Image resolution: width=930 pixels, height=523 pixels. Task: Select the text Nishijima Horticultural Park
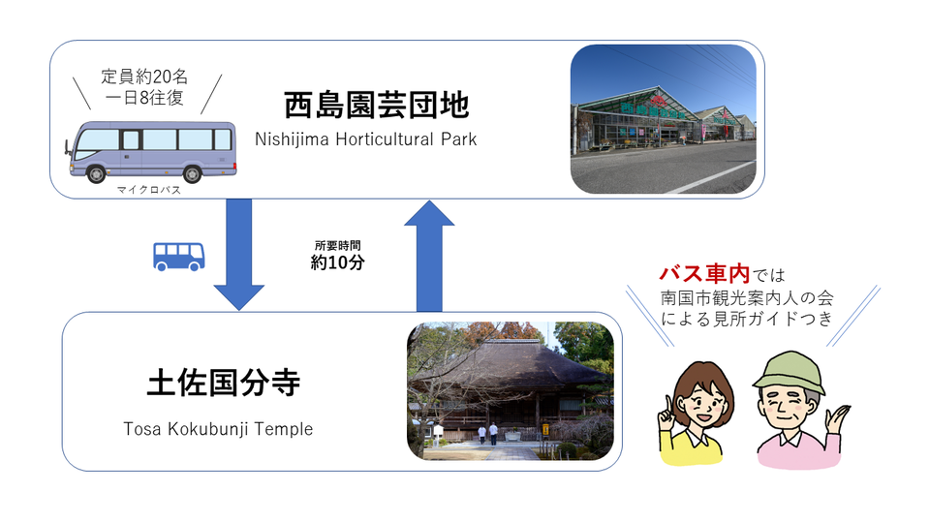[366, 139]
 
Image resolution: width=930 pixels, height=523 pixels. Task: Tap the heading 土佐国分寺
[224, 384]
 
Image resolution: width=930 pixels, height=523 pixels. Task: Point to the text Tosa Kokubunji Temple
[218, 429]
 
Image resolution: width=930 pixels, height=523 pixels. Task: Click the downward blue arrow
[238, 252]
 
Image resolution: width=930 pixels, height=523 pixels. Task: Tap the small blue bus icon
[179, 256]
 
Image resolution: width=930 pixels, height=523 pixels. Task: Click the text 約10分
[337, 262]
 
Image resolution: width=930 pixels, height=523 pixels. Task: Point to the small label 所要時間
[337, 244]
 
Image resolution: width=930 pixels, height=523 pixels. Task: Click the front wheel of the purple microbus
[98, 174]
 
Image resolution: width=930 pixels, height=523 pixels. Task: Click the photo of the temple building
[510, 391]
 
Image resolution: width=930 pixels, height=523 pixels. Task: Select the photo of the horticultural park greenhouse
[663, 119]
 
